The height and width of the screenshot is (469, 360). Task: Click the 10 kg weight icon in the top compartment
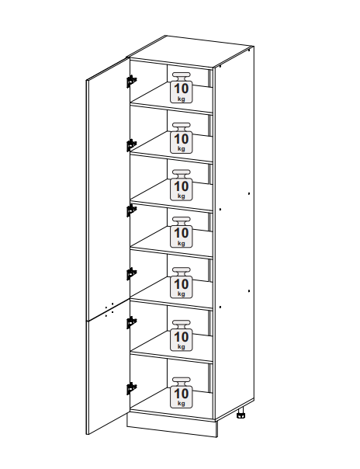[x=182, y=88]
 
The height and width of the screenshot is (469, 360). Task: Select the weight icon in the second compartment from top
[x=182, y=138]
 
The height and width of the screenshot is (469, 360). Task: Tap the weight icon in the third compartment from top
[x=182, y=185]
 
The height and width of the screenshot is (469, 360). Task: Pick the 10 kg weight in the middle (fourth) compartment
[x=182, y=232]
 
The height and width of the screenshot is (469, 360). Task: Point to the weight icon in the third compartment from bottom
[x=182, y=283]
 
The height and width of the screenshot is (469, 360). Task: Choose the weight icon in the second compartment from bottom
[x=182, y=335]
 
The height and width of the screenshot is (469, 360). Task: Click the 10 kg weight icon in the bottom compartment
[x=182, y=392]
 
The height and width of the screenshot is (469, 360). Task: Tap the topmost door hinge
[x=131, y=81]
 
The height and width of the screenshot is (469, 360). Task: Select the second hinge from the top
[x=131, y=145]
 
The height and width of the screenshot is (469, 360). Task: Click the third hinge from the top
[x=131, y=210]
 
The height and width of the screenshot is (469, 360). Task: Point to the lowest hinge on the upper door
[x=131, y=273]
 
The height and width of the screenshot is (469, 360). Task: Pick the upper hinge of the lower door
[x=131, y=322]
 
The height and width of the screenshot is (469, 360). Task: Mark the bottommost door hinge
[x=131, y=388]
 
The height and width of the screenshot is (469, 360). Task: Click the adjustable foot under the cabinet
[x=241, y=413]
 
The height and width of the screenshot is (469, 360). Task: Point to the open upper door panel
[x=108, y=189]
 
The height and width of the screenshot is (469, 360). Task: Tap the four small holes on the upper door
[x=109, y=309]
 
